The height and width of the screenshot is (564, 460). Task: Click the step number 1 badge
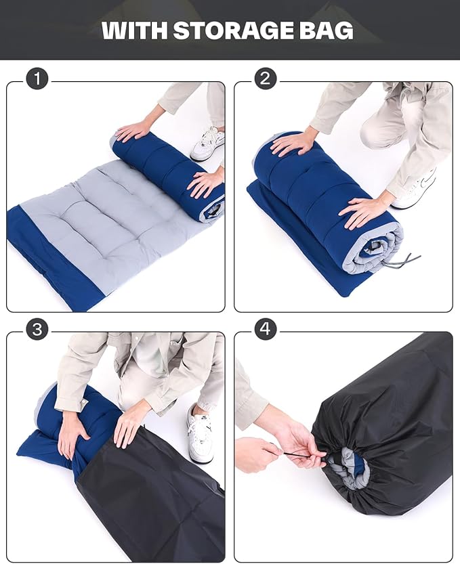[37, 79]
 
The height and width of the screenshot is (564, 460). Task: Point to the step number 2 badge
[266, 79]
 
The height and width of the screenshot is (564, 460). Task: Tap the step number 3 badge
[37, 329]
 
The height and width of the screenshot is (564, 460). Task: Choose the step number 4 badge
[266, 329]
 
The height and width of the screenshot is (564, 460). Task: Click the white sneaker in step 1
[208, 144]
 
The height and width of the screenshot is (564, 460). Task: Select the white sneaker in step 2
[415, 191]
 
